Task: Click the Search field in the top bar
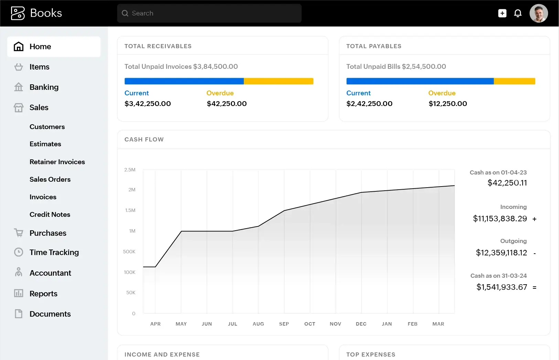click(209, 13)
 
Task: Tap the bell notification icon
click(518, 13)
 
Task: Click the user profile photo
click(538, 13)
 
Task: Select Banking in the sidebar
click(44, 87)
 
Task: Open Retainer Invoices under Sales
click(57, 162)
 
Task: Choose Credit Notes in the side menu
click(50, 214)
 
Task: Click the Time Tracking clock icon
click(19, 252)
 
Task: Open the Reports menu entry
click(43, 294)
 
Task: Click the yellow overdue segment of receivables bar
click(278, 81)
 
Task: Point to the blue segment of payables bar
click(420, 81)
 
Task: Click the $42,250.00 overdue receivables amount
click(227, 104)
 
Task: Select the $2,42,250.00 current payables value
click(369, 104)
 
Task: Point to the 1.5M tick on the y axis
click(130, 210)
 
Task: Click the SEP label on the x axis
click(284, 324)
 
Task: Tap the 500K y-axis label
click(129, 252)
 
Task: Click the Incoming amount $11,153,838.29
click(500, 219)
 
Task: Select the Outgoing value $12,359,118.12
click(501, 253)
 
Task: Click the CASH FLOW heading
click(144, 139)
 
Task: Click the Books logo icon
click(18, 13)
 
